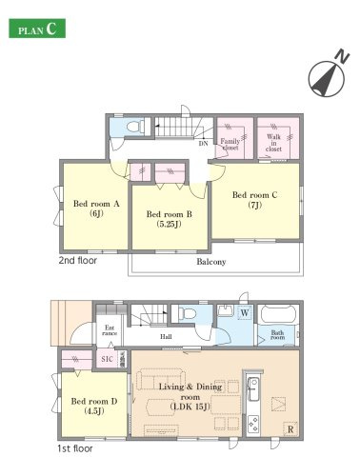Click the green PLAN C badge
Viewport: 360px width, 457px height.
[x=37, y=29]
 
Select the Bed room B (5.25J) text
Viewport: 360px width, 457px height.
[x=169, y=219]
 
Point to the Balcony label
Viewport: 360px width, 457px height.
[x=211, y=262]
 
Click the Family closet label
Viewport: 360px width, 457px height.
[x=230, y=145]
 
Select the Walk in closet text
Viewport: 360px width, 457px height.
[x=273, y=143]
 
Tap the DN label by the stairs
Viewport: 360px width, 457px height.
[x=203, y=144]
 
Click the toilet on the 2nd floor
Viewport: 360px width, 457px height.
[x=135, y=127]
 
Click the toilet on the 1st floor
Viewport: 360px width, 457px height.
[x=188, y=313]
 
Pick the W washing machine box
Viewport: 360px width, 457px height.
[x=245, y=312]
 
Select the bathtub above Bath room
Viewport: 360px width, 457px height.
[x=278, y=314]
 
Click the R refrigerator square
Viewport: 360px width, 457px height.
[x=290, y=429]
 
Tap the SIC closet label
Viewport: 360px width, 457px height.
[x=107, y=359]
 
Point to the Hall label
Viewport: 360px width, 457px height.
[x=166, y=337]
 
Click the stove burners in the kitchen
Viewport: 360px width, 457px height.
[x=253, y=425]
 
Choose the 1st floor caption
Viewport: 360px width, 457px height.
[x=75, y=448]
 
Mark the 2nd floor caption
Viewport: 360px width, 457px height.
[x=78, y=261]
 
